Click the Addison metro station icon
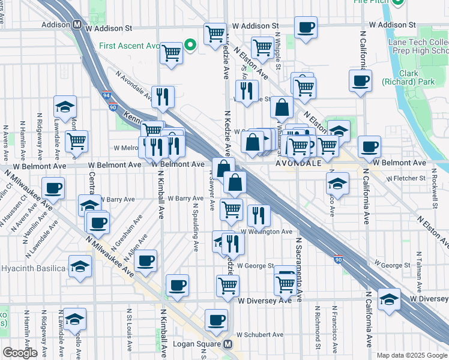coord(77,26)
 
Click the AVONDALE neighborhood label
coord(299,163)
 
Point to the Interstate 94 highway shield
coord(106,95)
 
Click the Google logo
coord(20,352)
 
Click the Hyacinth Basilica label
coord(33,268)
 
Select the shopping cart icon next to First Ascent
coord(172,53)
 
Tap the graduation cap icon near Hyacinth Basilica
coord(80,265)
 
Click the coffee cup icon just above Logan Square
coord(216,319)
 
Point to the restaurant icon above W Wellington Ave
coord(259,215)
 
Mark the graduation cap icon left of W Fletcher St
coord(338,183)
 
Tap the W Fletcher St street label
coord(406,178)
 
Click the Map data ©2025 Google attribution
coord(412,355)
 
